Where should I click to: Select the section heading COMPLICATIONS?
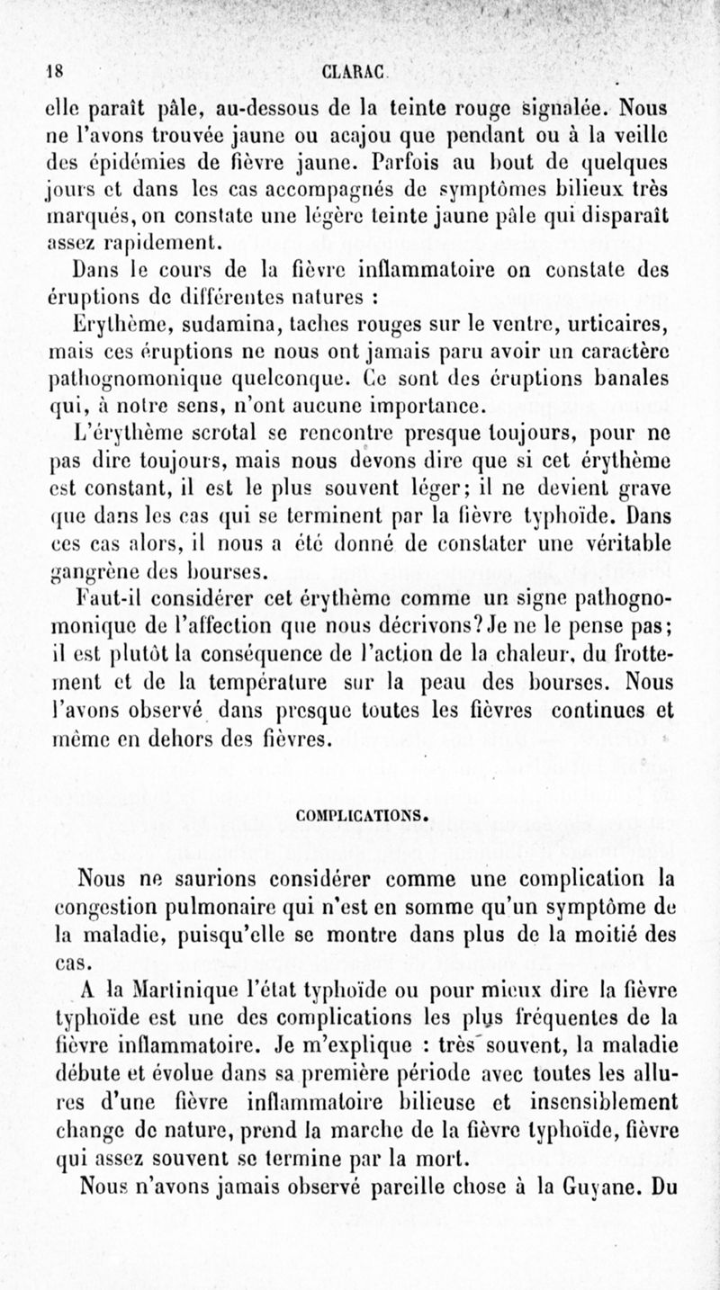[x=359, y=818]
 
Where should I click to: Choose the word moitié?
[x=588, y=935]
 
